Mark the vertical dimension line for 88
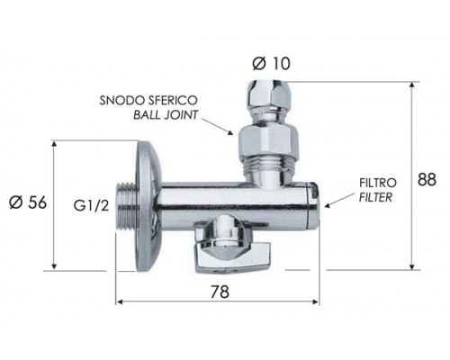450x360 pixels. (411, 176)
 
